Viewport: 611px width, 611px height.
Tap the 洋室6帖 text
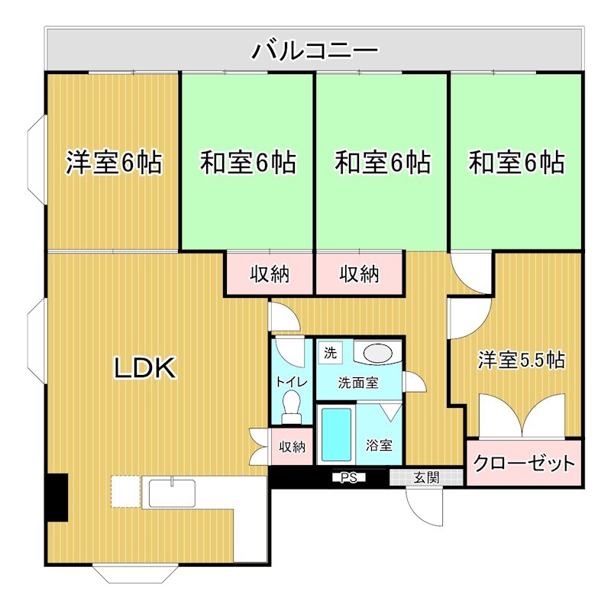[113, 163]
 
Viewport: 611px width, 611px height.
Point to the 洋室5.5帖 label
[522, 360]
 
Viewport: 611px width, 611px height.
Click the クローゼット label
[523, 463]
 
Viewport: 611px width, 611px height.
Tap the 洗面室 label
[359, 383]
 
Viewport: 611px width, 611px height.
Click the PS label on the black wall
[349, 479]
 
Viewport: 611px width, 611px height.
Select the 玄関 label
[426, 478]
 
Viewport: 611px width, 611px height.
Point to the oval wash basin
[377, 354]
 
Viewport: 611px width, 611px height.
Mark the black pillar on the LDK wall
[57, 498]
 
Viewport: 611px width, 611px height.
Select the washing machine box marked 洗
[330, 353]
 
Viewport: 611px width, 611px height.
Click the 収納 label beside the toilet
[291, 446]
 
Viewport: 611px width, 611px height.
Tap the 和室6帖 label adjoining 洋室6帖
[247, 163]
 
